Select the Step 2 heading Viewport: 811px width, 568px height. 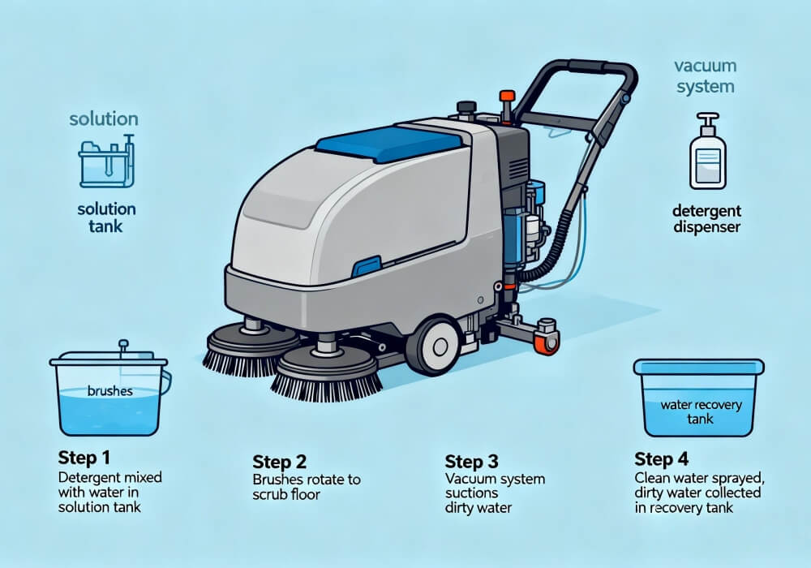(279, 462)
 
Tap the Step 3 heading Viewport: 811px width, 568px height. (470, 462)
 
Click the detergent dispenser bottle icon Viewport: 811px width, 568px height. (706, 152)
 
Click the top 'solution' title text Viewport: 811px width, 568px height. (103, 119)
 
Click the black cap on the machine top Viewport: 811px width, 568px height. (467, 107)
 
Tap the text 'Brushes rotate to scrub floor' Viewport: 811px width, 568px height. (307, 487)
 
